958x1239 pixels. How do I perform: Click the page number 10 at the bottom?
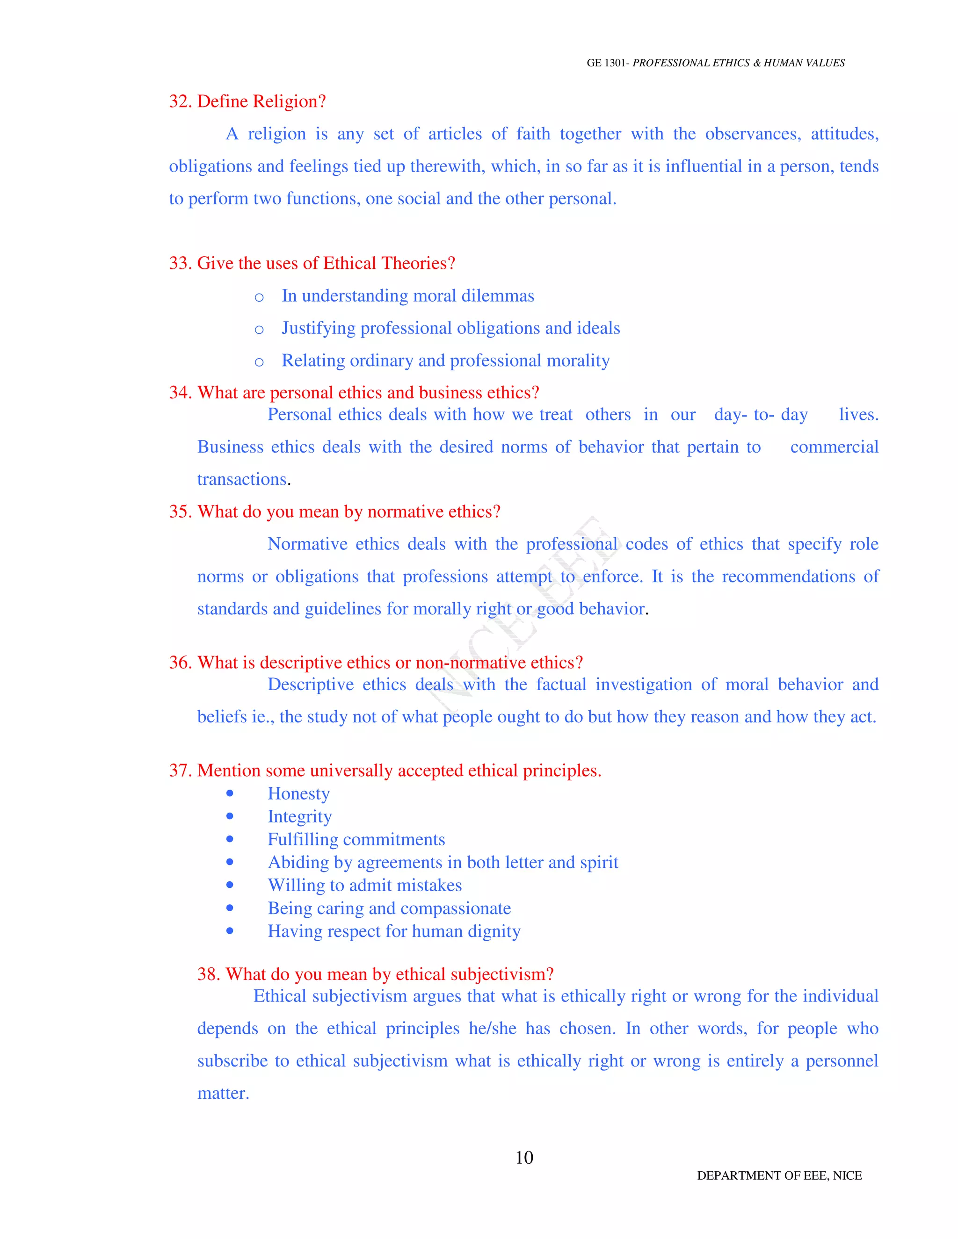point(524,1157)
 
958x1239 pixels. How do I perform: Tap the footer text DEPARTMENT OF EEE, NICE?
point(779,1175)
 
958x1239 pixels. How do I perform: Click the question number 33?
point(180,263)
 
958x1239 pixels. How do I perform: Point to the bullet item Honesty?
point(298,793)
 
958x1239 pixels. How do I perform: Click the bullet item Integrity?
point(300,816)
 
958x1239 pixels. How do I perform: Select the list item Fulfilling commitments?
point(356,839)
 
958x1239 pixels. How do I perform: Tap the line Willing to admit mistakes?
point(365,885)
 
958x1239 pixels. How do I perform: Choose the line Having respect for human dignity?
point(394,931)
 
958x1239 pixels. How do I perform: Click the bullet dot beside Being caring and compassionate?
point(230,908)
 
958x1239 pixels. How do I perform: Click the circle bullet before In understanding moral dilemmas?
point(259,297)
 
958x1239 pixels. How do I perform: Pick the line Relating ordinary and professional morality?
point(445,361)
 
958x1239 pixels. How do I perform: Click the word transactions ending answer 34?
point(242,479)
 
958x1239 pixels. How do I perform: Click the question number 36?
point(180,663)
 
